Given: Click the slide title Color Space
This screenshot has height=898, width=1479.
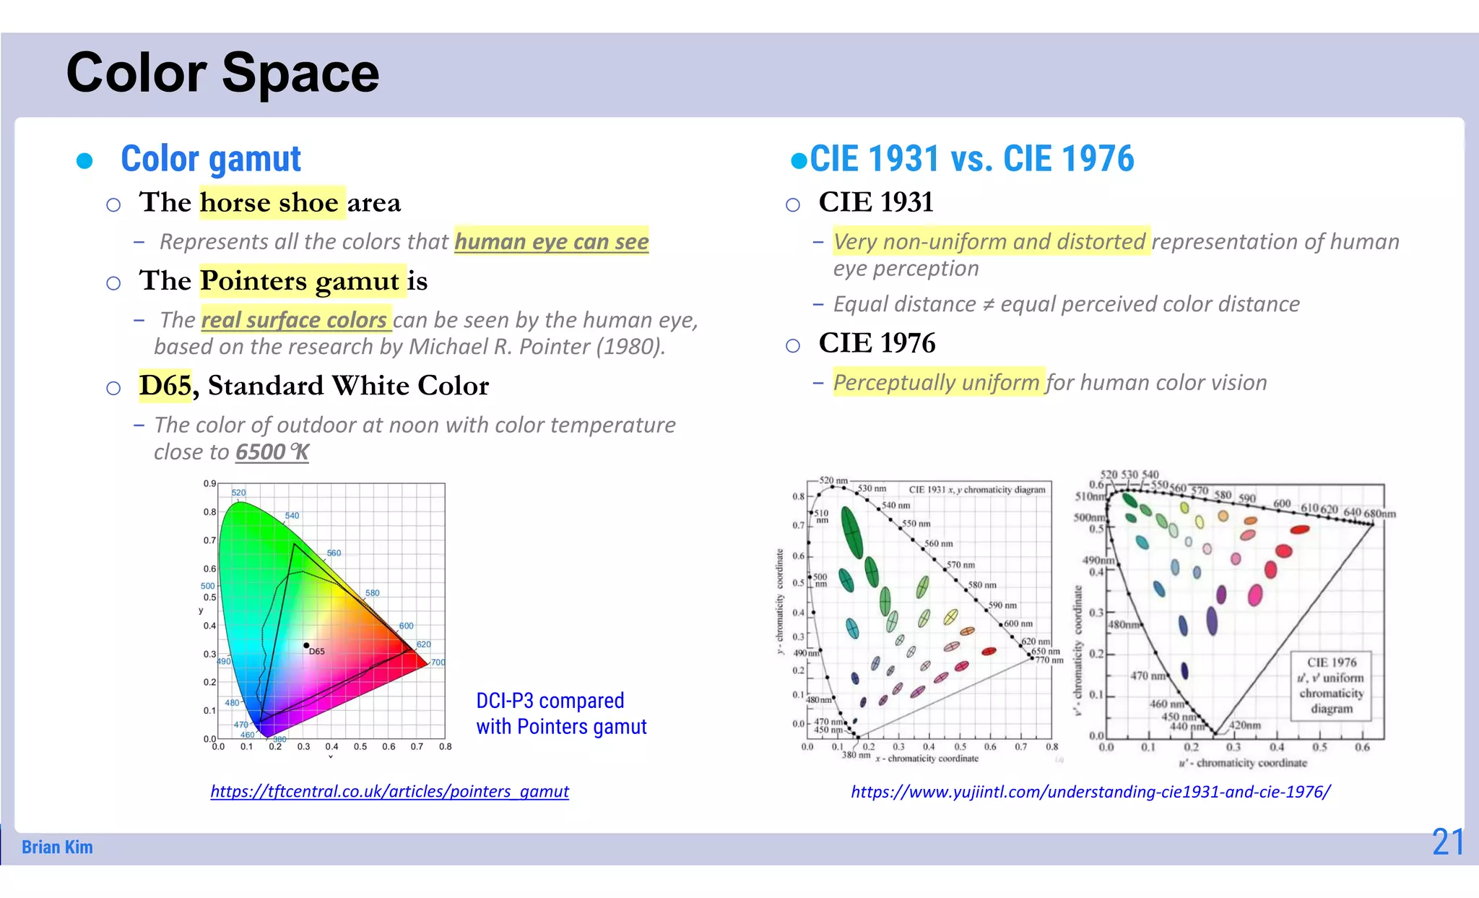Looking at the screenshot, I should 222,73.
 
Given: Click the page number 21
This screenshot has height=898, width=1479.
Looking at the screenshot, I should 1447,842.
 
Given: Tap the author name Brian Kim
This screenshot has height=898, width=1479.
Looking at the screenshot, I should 57,847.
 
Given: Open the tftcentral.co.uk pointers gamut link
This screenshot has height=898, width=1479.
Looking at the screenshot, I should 389,791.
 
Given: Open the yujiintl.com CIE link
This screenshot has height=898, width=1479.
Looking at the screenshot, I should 1090,792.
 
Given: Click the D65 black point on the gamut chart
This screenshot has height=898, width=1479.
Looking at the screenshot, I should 306,645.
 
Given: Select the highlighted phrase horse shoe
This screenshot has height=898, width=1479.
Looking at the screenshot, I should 269,203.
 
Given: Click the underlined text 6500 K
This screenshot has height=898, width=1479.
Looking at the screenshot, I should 272,452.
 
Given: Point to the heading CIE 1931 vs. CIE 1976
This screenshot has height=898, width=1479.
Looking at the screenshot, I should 971,159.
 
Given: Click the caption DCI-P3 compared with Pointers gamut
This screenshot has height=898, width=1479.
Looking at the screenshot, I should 561,714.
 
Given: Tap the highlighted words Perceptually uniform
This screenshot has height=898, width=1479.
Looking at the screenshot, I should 936,382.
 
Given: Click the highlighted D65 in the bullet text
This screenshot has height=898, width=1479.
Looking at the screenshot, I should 165,386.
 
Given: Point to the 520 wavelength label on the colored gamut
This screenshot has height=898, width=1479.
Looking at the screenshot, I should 238,493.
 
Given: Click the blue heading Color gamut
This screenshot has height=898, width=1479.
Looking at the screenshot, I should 210,159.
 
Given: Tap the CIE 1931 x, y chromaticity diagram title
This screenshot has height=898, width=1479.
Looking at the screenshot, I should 976,490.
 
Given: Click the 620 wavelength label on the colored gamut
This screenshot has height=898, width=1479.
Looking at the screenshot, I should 424,644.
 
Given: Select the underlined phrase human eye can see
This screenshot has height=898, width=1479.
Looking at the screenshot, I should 551,241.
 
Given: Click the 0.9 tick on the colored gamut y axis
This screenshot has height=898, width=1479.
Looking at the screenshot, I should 209,483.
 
